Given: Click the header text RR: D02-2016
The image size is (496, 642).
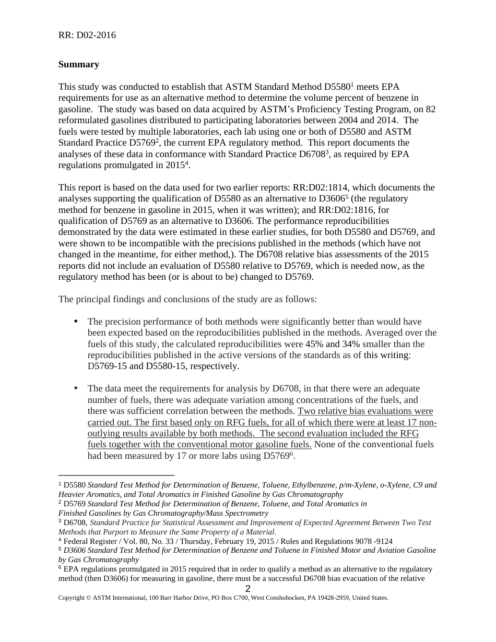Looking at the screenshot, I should coord(87,35).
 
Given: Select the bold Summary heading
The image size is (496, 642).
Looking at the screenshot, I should coord(78,64).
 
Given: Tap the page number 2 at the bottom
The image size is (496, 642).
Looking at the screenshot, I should coord(248,589).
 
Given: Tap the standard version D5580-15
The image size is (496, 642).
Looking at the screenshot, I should coord(166,366).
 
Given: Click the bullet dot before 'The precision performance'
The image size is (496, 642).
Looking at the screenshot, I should coord(76,321).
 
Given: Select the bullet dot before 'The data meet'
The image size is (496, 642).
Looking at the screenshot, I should coord(76,388).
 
